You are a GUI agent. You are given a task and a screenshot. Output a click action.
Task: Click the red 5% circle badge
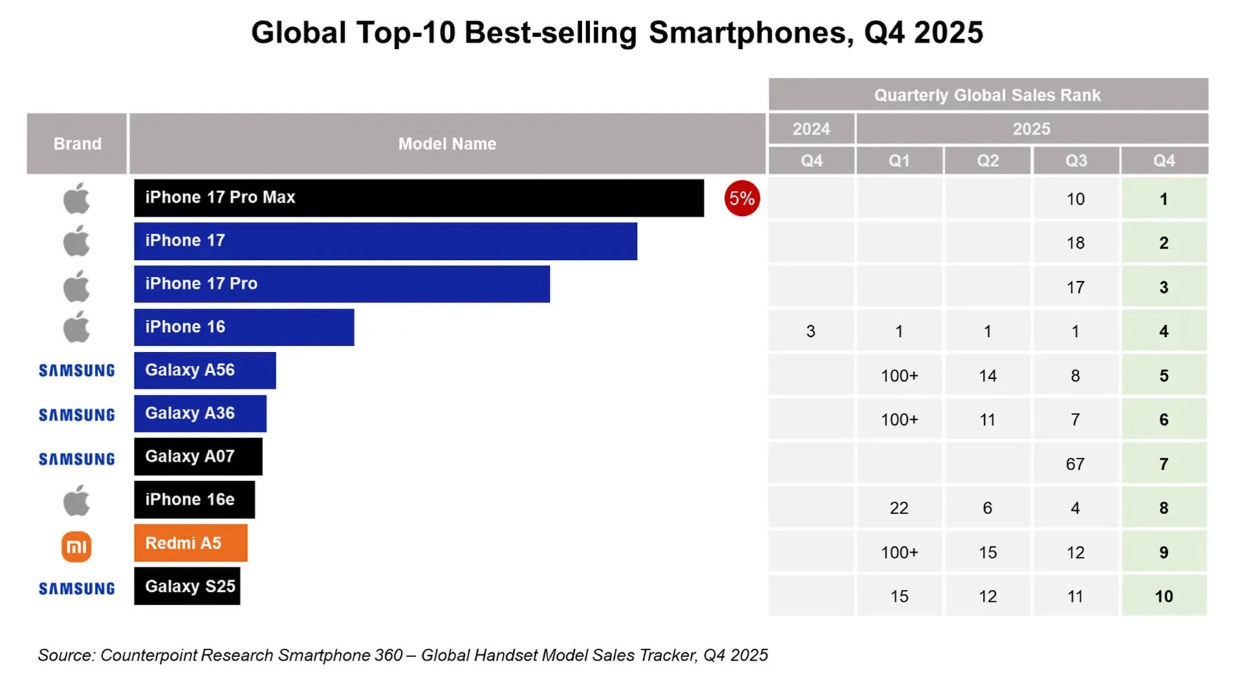click(x=741, y=199)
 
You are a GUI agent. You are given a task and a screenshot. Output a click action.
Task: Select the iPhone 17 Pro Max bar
click(x=418, y=198)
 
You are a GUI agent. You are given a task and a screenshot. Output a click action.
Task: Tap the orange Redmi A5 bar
click(x=191, y=543)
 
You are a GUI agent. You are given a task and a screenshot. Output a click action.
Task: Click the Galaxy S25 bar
click(x=187, y=586)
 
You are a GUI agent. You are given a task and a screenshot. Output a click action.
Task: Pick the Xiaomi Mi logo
click(x=76, y=547)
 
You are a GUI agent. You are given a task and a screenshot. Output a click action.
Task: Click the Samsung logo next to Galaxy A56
click(x=76, y=370)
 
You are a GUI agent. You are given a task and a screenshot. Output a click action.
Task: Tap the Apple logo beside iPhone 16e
click(x=76, y=500)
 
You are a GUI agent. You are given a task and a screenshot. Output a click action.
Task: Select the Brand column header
click(x=77, y=144)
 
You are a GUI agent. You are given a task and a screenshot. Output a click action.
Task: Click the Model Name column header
click(x=447, y=144)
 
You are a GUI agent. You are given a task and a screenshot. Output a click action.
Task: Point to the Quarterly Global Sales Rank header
click(x=987, y=95)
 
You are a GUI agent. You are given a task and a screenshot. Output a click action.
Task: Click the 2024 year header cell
click(x=811, y=129)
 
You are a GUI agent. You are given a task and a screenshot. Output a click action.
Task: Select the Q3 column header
click(x=1076, y=161)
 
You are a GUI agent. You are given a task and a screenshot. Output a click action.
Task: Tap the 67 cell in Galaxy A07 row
click(x=1075, y=464)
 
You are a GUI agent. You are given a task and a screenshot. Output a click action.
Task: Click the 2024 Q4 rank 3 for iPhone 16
click(x=811, y=331)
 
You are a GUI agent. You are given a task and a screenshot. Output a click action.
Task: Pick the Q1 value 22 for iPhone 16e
click(x=899, y=508)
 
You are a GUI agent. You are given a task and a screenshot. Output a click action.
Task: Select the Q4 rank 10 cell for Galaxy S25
click(x=1164, y=596)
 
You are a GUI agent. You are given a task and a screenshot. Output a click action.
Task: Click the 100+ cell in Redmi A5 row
click(x=899, y=552)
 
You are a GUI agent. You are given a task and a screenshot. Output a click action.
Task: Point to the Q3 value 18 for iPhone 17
click(x=1075, y=243)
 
